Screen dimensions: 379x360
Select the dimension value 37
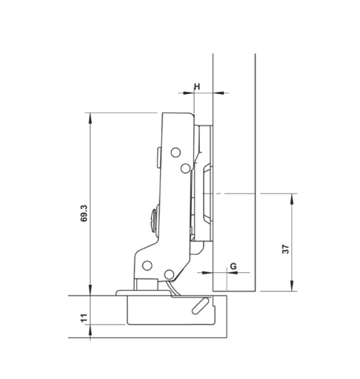(x=286, y=250)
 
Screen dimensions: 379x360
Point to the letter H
(x=197, y=86)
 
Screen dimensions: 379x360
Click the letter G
(x=232, y=266)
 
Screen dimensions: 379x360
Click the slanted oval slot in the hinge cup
(x=202, y=305)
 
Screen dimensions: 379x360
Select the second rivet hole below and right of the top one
(x=185, y=168)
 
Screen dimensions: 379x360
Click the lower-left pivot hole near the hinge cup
(x=148, y=265)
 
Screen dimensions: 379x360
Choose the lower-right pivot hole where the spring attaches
(x=169, y=274)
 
